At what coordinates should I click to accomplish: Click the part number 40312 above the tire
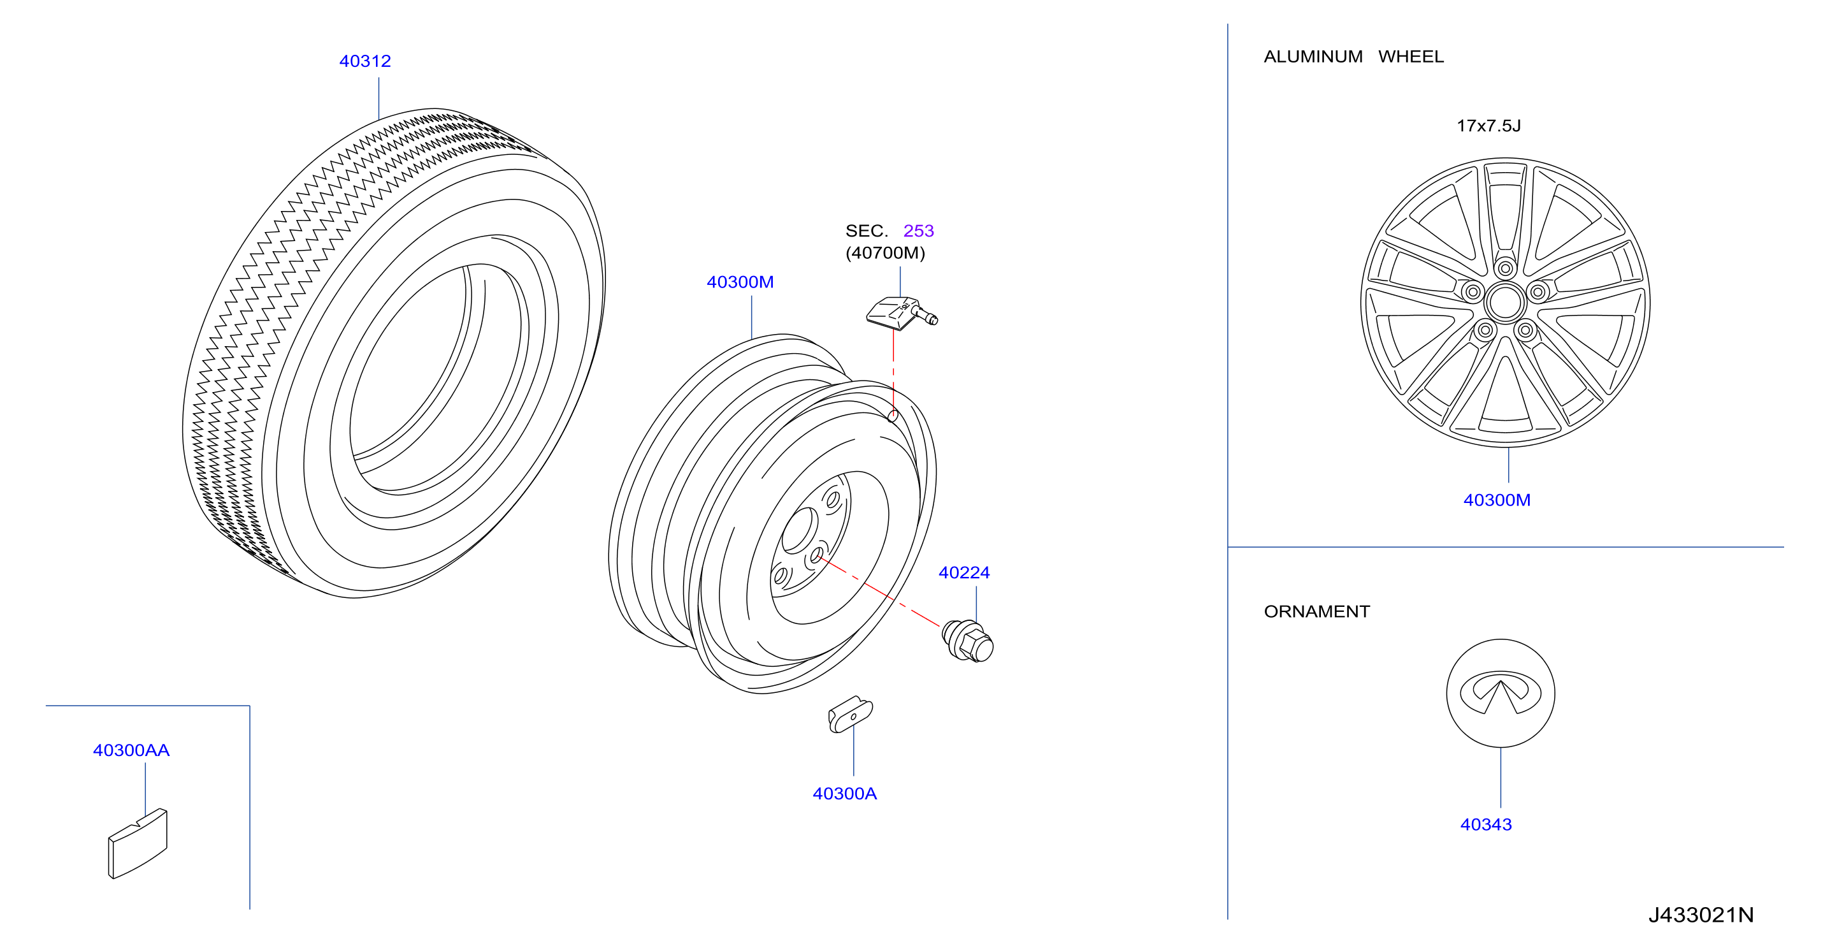tap(364, 61)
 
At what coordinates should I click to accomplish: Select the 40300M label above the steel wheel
tap(740, 282)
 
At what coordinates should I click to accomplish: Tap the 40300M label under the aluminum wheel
tap(1496, 500)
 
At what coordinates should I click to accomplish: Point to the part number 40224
tap(963, 573)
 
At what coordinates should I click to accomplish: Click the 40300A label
tap(844, 794)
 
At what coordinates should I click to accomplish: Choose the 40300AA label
tap(131, 750)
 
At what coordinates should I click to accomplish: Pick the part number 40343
tap(1485, 824)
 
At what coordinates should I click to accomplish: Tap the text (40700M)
tap(884, 253)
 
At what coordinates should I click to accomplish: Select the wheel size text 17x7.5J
tap(1488, 126)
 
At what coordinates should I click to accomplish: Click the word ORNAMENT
tap(1316, 611)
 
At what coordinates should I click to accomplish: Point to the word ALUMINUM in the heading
tap(1313, 57)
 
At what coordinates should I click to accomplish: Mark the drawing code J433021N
tap(1701, 915)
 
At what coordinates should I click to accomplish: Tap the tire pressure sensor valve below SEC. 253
tap(902, 314)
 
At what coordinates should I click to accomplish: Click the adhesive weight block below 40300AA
tap(137, 843)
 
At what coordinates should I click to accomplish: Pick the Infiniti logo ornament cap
tap(1501, 693)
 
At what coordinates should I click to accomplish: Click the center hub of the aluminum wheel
tap(1504, 303)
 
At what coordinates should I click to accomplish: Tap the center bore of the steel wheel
tap(800, 530)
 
